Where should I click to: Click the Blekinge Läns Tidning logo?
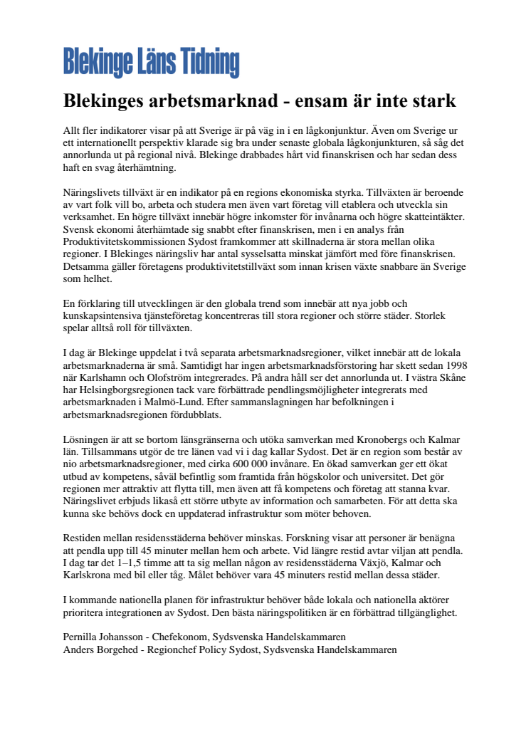point(151,63)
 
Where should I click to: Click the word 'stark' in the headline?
point(431,100)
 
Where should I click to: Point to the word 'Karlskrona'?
point(93,574)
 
